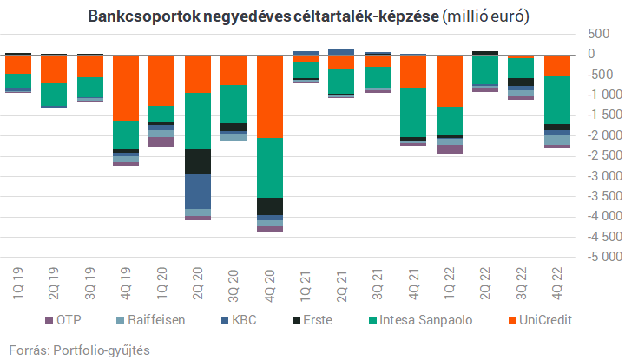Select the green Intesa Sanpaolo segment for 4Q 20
tap(270, 167)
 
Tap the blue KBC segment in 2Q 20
tap(198, 192)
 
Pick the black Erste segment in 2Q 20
tap(198, 161)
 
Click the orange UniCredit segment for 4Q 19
tap(126, 87)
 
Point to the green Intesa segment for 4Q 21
tap(413, 112)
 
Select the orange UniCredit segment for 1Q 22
tap(450, 80)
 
